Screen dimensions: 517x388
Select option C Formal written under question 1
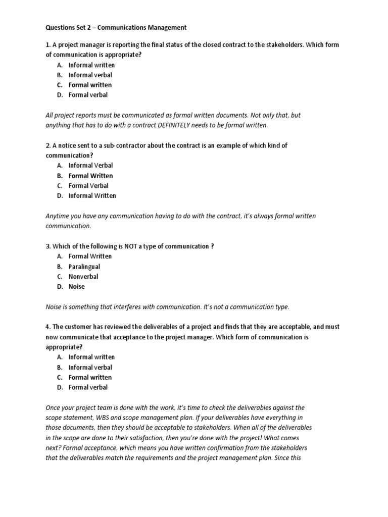pos(90,85)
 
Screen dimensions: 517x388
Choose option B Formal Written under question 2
pos(90,176)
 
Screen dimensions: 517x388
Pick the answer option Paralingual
pos(84,267)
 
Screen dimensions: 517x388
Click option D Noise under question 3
pos(76,286)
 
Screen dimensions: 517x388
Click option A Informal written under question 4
pos(91,357)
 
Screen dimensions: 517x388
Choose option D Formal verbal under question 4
pos(88,387)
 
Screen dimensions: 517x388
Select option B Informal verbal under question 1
pos(90,75)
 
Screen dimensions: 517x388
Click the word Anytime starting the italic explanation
pos(59,216)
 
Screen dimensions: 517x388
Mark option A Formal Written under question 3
pos(90,256)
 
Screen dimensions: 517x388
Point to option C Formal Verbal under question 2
pos(88,185)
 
